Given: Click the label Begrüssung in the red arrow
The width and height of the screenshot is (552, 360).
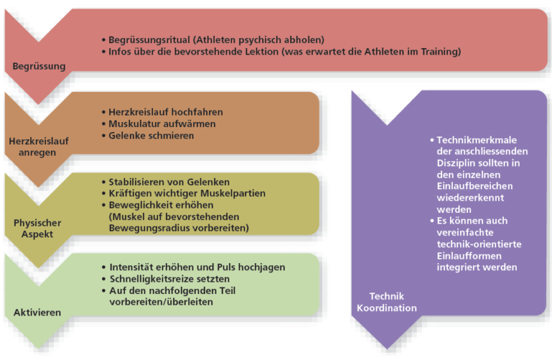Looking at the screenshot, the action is click(x=39, y=66).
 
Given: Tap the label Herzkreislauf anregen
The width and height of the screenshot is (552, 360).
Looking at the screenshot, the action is click(x=38, y=147).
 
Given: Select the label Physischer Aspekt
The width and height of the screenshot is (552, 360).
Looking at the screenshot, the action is click(x=37, y=229).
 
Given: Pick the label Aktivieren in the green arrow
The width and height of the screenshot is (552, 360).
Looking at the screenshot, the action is click(x=37, y=313).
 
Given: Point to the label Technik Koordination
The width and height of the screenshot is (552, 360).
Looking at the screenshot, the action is click(x=387, y=302).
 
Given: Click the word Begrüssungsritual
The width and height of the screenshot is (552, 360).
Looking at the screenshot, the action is click(x=149, y=40).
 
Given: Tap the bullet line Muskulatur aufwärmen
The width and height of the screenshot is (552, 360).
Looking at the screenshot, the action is click(x=162, y=124).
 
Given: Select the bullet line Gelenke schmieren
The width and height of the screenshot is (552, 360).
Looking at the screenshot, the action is click(x=151, y=136).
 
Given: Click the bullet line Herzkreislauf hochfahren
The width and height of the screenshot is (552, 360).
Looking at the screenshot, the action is click(x=165, y=112).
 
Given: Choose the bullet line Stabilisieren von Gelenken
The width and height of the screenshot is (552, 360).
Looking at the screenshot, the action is click(x=169, y=182).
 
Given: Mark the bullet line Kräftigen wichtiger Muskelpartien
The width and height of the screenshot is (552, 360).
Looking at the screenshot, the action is click(x=187, y=193).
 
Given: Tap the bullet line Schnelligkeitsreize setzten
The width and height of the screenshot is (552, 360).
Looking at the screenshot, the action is click(x=170, y=279).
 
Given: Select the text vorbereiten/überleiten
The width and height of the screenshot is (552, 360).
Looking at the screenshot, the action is click(x=161, y=302).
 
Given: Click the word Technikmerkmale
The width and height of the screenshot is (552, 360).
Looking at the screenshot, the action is click(x=477, y=140).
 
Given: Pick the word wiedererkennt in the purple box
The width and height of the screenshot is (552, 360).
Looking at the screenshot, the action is click(x=470, y=198).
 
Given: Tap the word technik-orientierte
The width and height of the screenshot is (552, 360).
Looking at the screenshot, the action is click(x=479, y=244).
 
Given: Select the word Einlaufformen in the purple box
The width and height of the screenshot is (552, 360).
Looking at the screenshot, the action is click(x=469, y=256).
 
